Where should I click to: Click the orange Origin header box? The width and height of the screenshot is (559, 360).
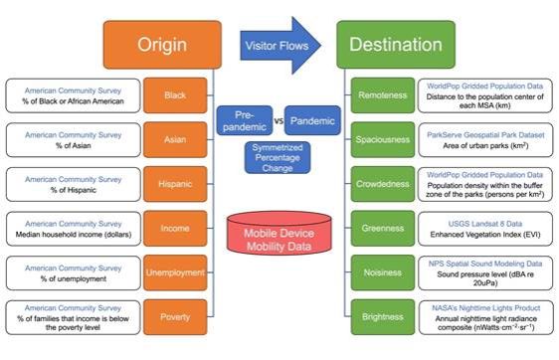click(x=162, y=44)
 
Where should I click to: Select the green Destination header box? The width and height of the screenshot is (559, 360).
click(x=395, y=44)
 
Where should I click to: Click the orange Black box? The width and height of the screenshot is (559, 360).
click(x=175, y=95)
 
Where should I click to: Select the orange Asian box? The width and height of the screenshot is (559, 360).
click(x=175, y=140)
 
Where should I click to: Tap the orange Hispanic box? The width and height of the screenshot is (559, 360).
click(x=175, y=184)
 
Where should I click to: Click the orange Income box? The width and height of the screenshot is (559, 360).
click(x=175, y=229)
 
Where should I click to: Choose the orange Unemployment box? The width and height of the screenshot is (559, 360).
click(x=175, y=272)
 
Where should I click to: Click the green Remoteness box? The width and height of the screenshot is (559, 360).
click(x=383, y=95)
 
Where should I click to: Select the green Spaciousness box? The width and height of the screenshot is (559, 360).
click(x=383, y=140)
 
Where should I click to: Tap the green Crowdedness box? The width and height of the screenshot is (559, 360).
click(x=383, y=184)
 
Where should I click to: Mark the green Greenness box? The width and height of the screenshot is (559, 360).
click(x=383, y=229)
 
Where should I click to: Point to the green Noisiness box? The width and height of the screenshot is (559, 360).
click(x=383, y=272)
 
